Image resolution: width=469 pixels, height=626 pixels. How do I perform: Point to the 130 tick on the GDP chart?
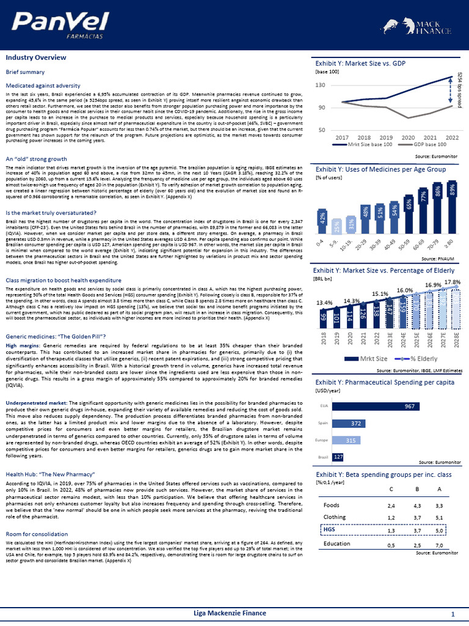pyautogui.click(x=321, y=85)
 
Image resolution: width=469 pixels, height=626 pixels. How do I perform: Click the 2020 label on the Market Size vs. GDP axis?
pyautogui.click(x=408, y=138)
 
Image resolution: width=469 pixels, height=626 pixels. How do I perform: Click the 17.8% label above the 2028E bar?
pyautogui.click(x=452, y=282)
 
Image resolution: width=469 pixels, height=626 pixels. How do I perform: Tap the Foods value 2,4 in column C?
pyautogui.click(x=391, y=506)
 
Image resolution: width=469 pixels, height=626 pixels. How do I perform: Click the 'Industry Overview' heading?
pyautogui.click(x=36, y=57)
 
